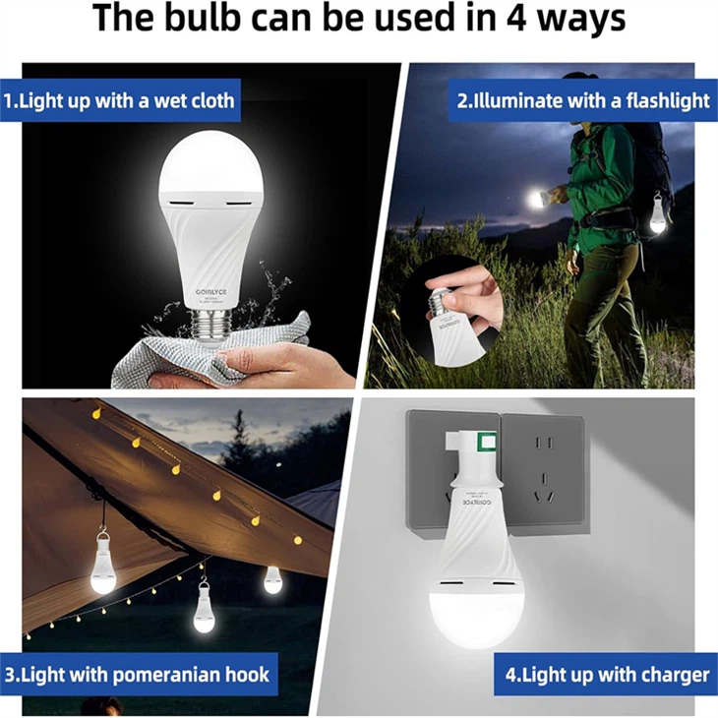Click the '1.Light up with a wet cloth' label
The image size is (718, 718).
(x=119, y=101)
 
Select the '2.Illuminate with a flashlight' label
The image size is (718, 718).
(x=583, y=101)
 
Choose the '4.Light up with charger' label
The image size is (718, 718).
(x=606, y=675)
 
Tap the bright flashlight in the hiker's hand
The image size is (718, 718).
(x=536, y=200)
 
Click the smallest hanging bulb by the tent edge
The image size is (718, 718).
(x=272, y=580)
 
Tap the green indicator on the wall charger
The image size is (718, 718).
(x=483, y=442)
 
